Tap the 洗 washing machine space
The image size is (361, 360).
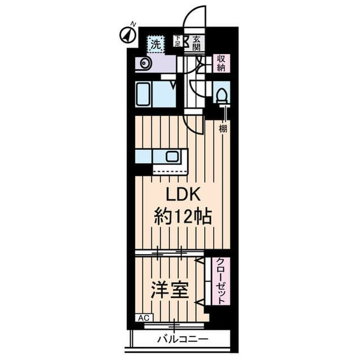click(x=156, y=45)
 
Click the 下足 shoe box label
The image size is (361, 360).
click(x=178, y=41)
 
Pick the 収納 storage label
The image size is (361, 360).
click(x=222, y=63)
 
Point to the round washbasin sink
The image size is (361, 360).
click(x=144, y=63)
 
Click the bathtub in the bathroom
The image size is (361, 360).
click(x=143, y=95)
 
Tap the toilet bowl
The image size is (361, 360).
click(x=222, y=95)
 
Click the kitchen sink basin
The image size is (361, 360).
click(x=172, y=157)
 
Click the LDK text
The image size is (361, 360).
click(x=182, y=195)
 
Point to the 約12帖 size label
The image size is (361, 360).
click(x=183, y=217)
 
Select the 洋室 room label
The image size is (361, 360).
click(x=170, y=290)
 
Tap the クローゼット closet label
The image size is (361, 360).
click(x=221, y=281)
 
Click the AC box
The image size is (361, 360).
click(x=144, y=318)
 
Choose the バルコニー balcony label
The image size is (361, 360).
click(x=183, y=339)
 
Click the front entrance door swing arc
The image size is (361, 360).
click(x=195, y=16)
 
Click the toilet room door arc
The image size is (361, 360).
click(x=197, y=89)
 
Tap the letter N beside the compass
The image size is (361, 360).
click(x=133, y=24)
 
